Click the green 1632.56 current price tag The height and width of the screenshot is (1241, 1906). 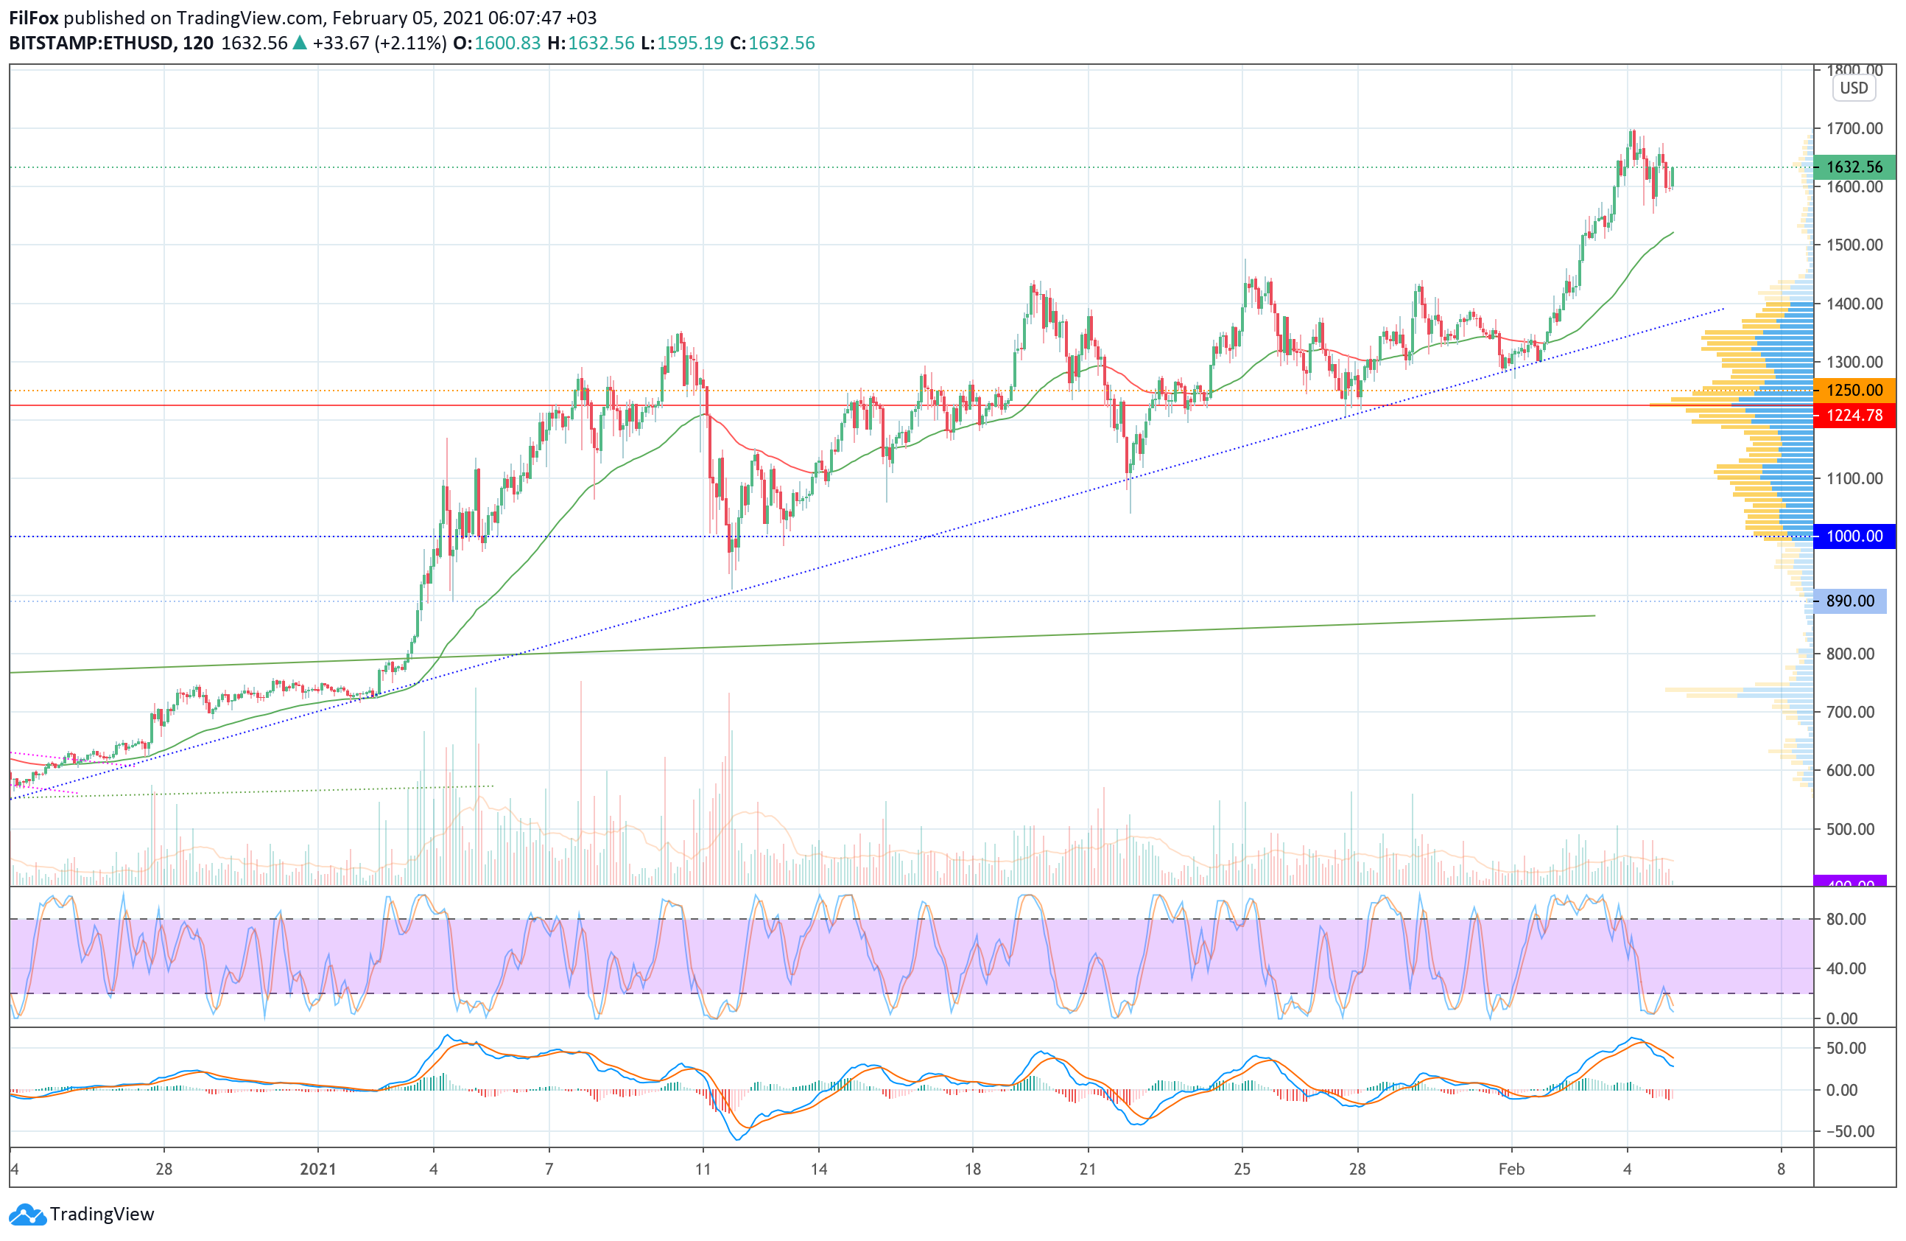[1854, 167]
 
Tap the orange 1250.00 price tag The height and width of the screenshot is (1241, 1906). [1854, 390]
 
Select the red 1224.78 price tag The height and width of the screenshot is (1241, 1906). [1854, 415]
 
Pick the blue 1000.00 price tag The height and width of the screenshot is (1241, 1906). [1854, 536]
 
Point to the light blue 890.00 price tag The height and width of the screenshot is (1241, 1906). [1849, 601]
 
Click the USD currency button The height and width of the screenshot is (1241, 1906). [1853, 88]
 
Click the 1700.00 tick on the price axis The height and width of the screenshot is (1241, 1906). [1854, 128]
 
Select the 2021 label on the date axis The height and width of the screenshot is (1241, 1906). [318, 1169]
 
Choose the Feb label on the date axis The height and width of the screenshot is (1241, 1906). [1511, 1169]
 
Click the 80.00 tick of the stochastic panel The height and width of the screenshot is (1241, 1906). [1846, 919]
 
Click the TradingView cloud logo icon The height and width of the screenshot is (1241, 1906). [28, 1214]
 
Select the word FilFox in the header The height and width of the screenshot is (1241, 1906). [34, 18]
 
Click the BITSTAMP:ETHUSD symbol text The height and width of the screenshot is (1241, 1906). [92, 43]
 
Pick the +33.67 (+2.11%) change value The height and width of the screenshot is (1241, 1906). [379, 43]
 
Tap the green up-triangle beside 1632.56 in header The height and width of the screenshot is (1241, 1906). [300, 43]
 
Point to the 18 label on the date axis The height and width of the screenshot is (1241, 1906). [972, 1169]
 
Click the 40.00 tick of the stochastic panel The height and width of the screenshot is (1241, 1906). [1846, 968]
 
